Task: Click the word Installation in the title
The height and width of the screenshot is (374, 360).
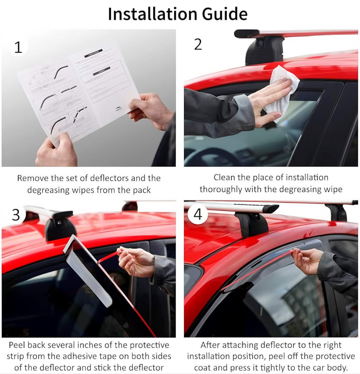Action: click(x=153, y=14)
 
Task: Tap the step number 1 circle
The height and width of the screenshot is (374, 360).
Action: click(x=18, y=47)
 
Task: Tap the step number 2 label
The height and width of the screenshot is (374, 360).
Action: click(x=198, y=44)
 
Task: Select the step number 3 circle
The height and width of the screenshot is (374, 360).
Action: click(x=16, y=215)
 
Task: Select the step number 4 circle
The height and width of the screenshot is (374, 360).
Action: click(x=198, y=214)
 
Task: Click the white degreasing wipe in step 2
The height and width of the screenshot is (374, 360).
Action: click(x=280, y=92)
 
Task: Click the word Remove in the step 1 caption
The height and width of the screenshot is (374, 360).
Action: click(x=32, y=178)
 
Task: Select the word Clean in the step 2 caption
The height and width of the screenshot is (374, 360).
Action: click(x=223, y=178)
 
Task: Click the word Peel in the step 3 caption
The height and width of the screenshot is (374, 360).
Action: click(x=16, y=345)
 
